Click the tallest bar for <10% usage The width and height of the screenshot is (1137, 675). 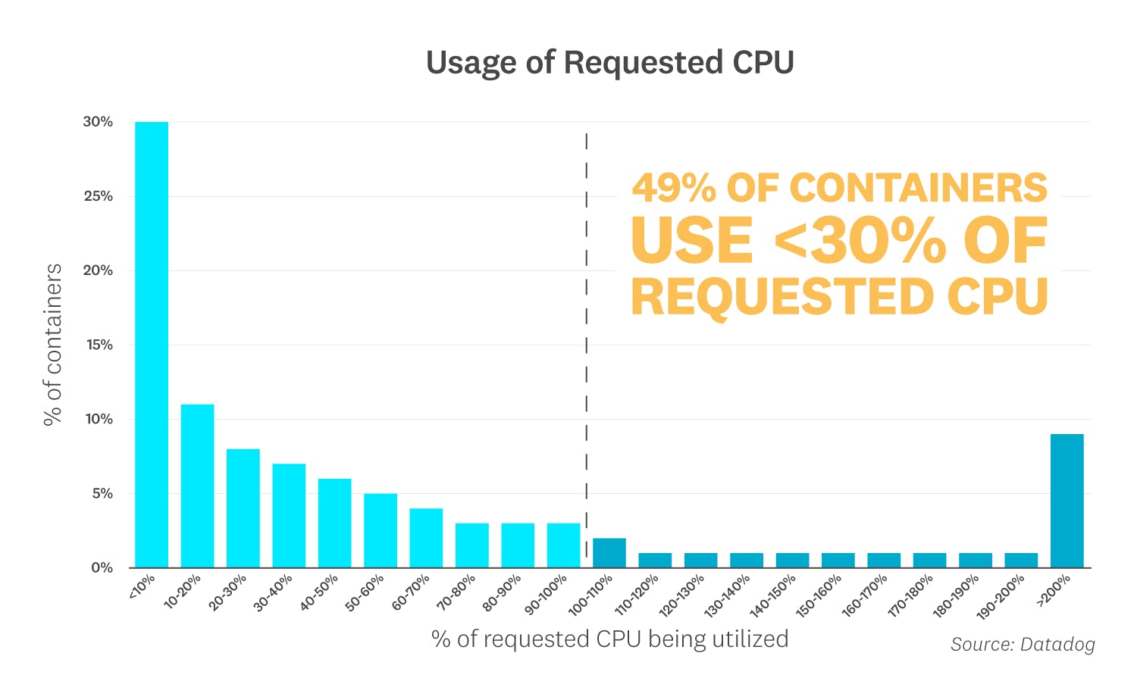(152, 345)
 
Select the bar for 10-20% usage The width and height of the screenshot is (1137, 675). (197, 486)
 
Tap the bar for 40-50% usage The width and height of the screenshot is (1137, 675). (334, 523)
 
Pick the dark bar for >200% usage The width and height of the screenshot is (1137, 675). (1067, 501)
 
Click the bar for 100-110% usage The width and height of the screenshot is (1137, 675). (609, 553)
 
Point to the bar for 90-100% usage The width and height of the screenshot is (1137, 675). (563, 545)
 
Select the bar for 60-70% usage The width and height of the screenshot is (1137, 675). (426, 538)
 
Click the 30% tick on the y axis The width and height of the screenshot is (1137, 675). (98, 122)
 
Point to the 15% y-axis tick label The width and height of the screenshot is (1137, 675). (99, 345)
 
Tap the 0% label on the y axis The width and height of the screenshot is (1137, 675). (102, 567)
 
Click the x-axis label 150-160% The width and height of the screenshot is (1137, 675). (819, 596)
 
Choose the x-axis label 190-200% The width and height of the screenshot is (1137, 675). (1001, 597)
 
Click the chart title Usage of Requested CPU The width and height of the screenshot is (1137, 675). (609, 62)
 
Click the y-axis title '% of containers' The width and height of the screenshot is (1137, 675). (52, 345)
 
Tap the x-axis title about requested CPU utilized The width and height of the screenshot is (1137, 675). (609, 639)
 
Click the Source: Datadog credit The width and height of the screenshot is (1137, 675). (1023, 644)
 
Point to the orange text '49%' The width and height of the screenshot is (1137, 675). (674, 187)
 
